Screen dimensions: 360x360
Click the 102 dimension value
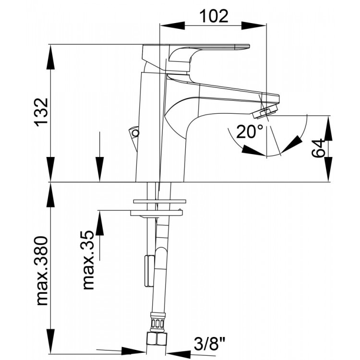click(214, 16)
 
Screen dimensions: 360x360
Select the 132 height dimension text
click(42, 112)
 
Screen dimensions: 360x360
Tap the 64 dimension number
click(319, 148)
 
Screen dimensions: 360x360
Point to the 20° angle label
click(249, 132)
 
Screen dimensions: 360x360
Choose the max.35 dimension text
click(88, 260)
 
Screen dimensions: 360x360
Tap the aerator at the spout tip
click(265, 112)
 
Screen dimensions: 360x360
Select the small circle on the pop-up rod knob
click(136, 133)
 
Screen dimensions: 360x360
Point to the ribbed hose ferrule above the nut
click(157, 322)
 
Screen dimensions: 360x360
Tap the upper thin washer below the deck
click(160, 202)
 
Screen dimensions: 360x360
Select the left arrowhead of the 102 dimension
click(172, 26)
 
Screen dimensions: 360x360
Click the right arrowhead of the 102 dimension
click(254, 26)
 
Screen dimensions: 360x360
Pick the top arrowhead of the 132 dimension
click(50, 57)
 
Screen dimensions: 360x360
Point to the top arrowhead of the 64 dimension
click(328, 129)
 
